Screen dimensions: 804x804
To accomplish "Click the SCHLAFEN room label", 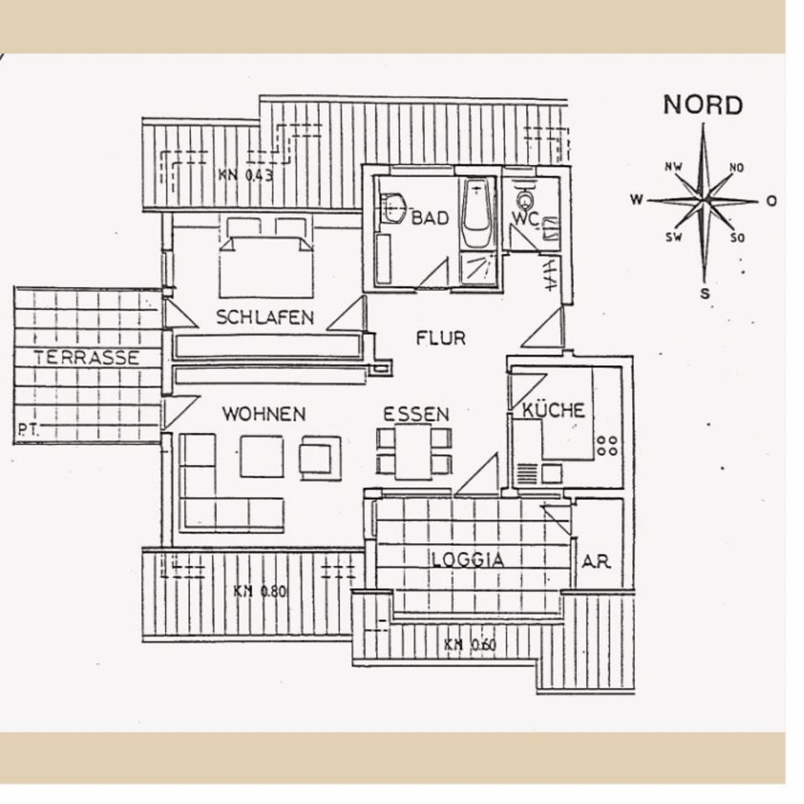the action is tap(265, 317).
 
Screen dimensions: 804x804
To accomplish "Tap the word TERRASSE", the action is tap(86, 358).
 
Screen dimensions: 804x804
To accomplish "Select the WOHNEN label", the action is tap(264, 414).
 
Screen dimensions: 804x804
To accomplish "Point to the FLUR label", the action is tap(441, 338).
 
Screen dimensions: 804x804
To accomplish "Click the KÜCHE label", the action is tap(554, 410).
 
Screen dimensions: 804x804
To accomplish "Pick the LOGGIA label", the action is tap(468, 560).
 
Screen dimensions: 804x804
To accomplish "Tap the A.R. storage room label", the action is tap(596, 561).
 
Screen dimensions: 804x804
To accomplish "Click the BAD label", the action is tap(430, 219).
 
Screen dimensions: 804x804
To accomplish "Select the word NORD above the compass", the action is tap(703, 106).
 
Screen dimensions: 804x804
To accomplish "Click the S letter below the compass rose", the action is tap(705, 293).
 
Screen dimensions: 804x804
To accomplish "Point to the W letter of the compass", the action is tap(637, 200).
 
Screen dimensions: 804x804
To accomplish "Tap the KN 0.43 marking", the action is tap(245, 176).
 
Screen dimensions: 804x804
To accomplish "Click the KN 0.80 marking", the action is tap(260, 591).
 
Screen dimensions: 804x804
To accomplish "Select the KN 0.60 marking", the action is tap(470, 645).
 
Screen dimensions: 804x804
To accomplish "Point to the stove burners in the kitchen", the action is tap(607, 446).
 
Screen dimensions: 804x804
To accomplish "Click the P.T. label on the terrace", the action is tap(28, 431).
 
